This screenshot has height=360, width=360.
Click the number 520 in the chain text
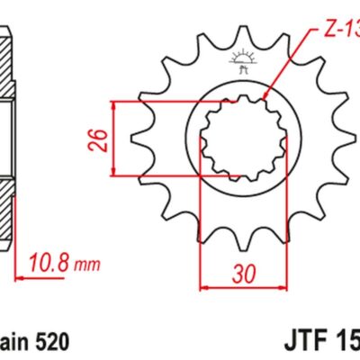50,343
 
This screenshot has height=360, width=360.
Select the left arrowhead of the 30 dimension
202,288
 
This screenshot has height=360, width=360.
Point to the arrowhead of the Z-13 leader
265,96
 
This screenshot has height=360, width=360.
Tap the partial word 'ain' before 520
12,343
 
